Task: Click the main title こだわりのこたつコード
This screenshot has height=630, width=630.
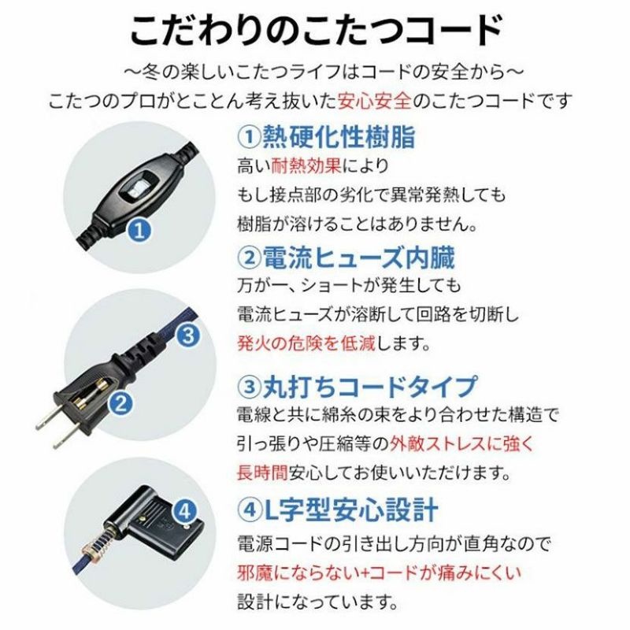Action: pos(316,31)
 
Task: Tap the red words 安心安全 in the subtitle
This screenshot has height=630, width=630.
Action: pos(375,101)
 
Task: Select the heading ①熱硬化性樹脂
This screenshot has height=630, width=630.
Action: pos(326,137)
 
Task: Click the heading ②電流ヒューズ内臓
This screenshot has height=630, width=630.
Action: pos(346,258)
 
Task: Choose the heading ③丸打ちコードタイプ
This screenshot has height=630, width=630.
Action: pos(358,387)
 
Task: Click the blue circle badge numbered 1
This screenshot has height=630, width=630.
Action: pos(139,232)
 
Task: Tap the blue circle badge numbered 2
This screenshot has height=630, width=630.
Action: pos(120,403)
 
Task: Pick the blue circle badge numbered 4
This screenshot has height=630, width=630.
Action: pos(184,513)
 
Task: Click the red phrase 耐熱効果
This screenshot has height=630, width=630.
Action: pos(306,165)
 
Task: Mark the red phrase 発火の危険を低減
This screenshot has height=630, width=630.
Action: pos(306,343)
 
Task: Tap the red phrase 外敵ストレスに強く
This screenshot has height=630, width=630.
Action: pos(461,444)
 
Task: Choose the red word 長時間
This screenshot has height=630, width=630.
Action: pos(263,473)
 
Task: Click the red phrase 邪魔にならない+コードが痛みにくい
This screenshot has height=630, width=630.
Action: pos(379,573)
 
